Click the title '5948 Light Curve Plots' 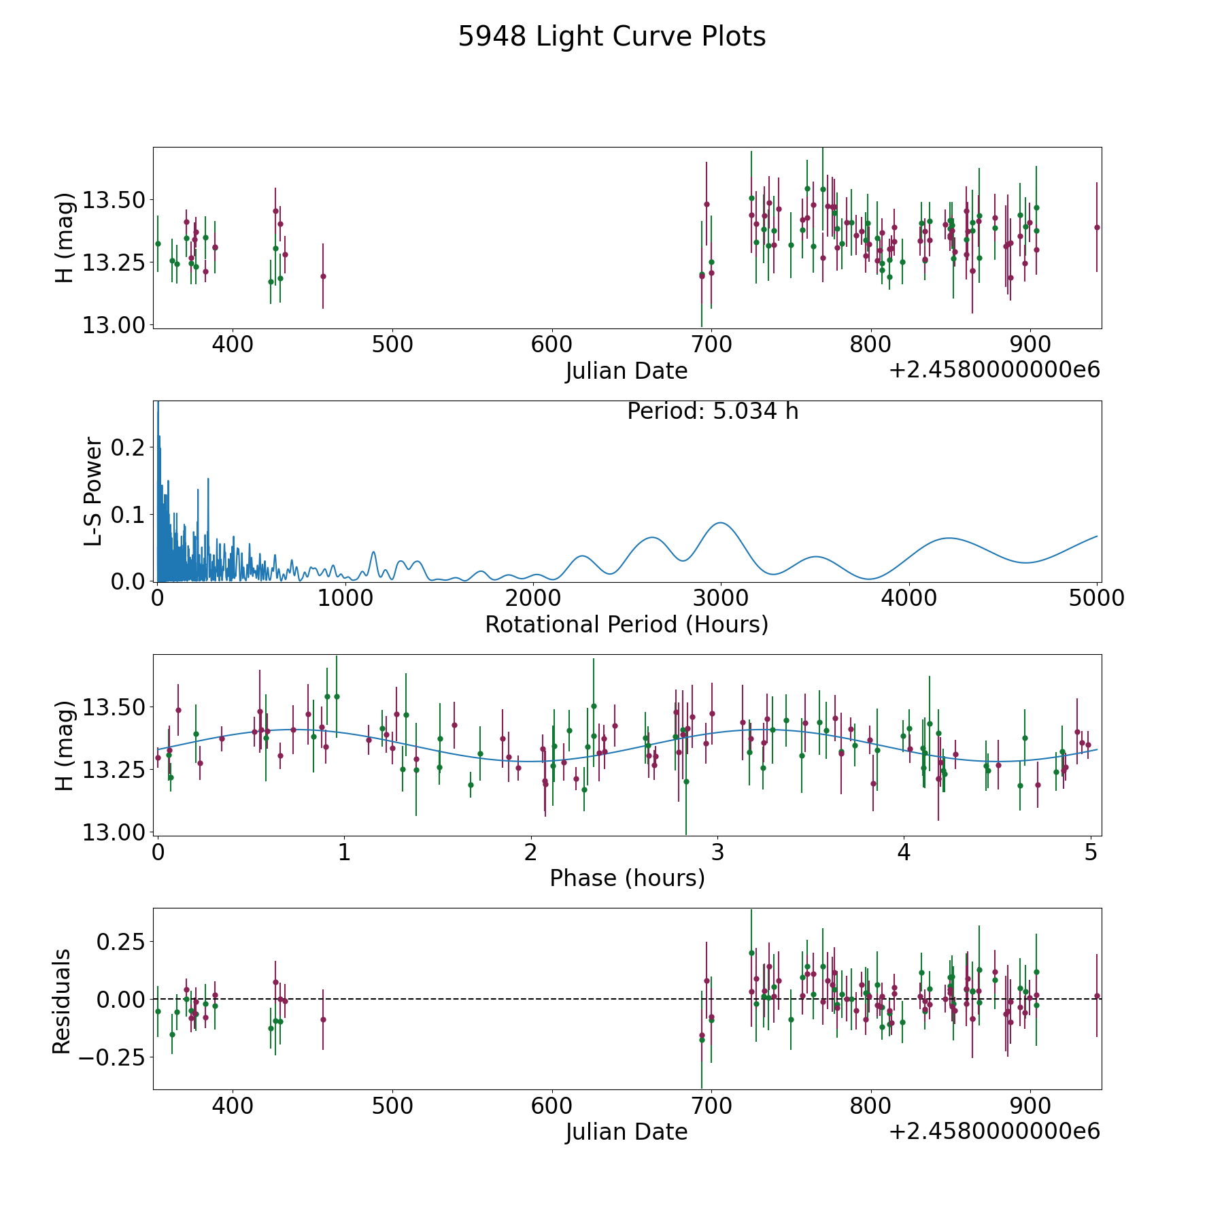click(612, 37)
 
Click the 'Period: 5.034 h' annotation click(713, 411)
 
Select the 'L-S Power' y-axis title click(94, 491)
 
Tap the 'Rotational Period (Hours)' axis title click(626, 624)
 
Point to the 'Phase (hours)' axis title click(627, 878)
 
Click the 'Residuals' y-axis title click(62, 1001)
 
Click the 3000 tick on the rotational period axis click(721, 598)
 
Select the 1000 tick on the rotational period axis click(345, 598)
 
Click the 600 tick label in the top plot click(551, 345)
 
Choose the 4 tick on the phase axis click(904, 852)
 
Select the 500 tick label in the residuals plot click(392, 1106)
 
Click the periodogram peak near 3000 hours click(720, 522)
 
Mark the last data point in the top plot click(1097, 227)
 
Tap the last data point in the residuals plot click(1097, 996)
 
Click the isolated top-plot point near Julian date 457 click(323, 276)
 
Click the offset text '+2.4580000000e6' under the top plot click(995, 370)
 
